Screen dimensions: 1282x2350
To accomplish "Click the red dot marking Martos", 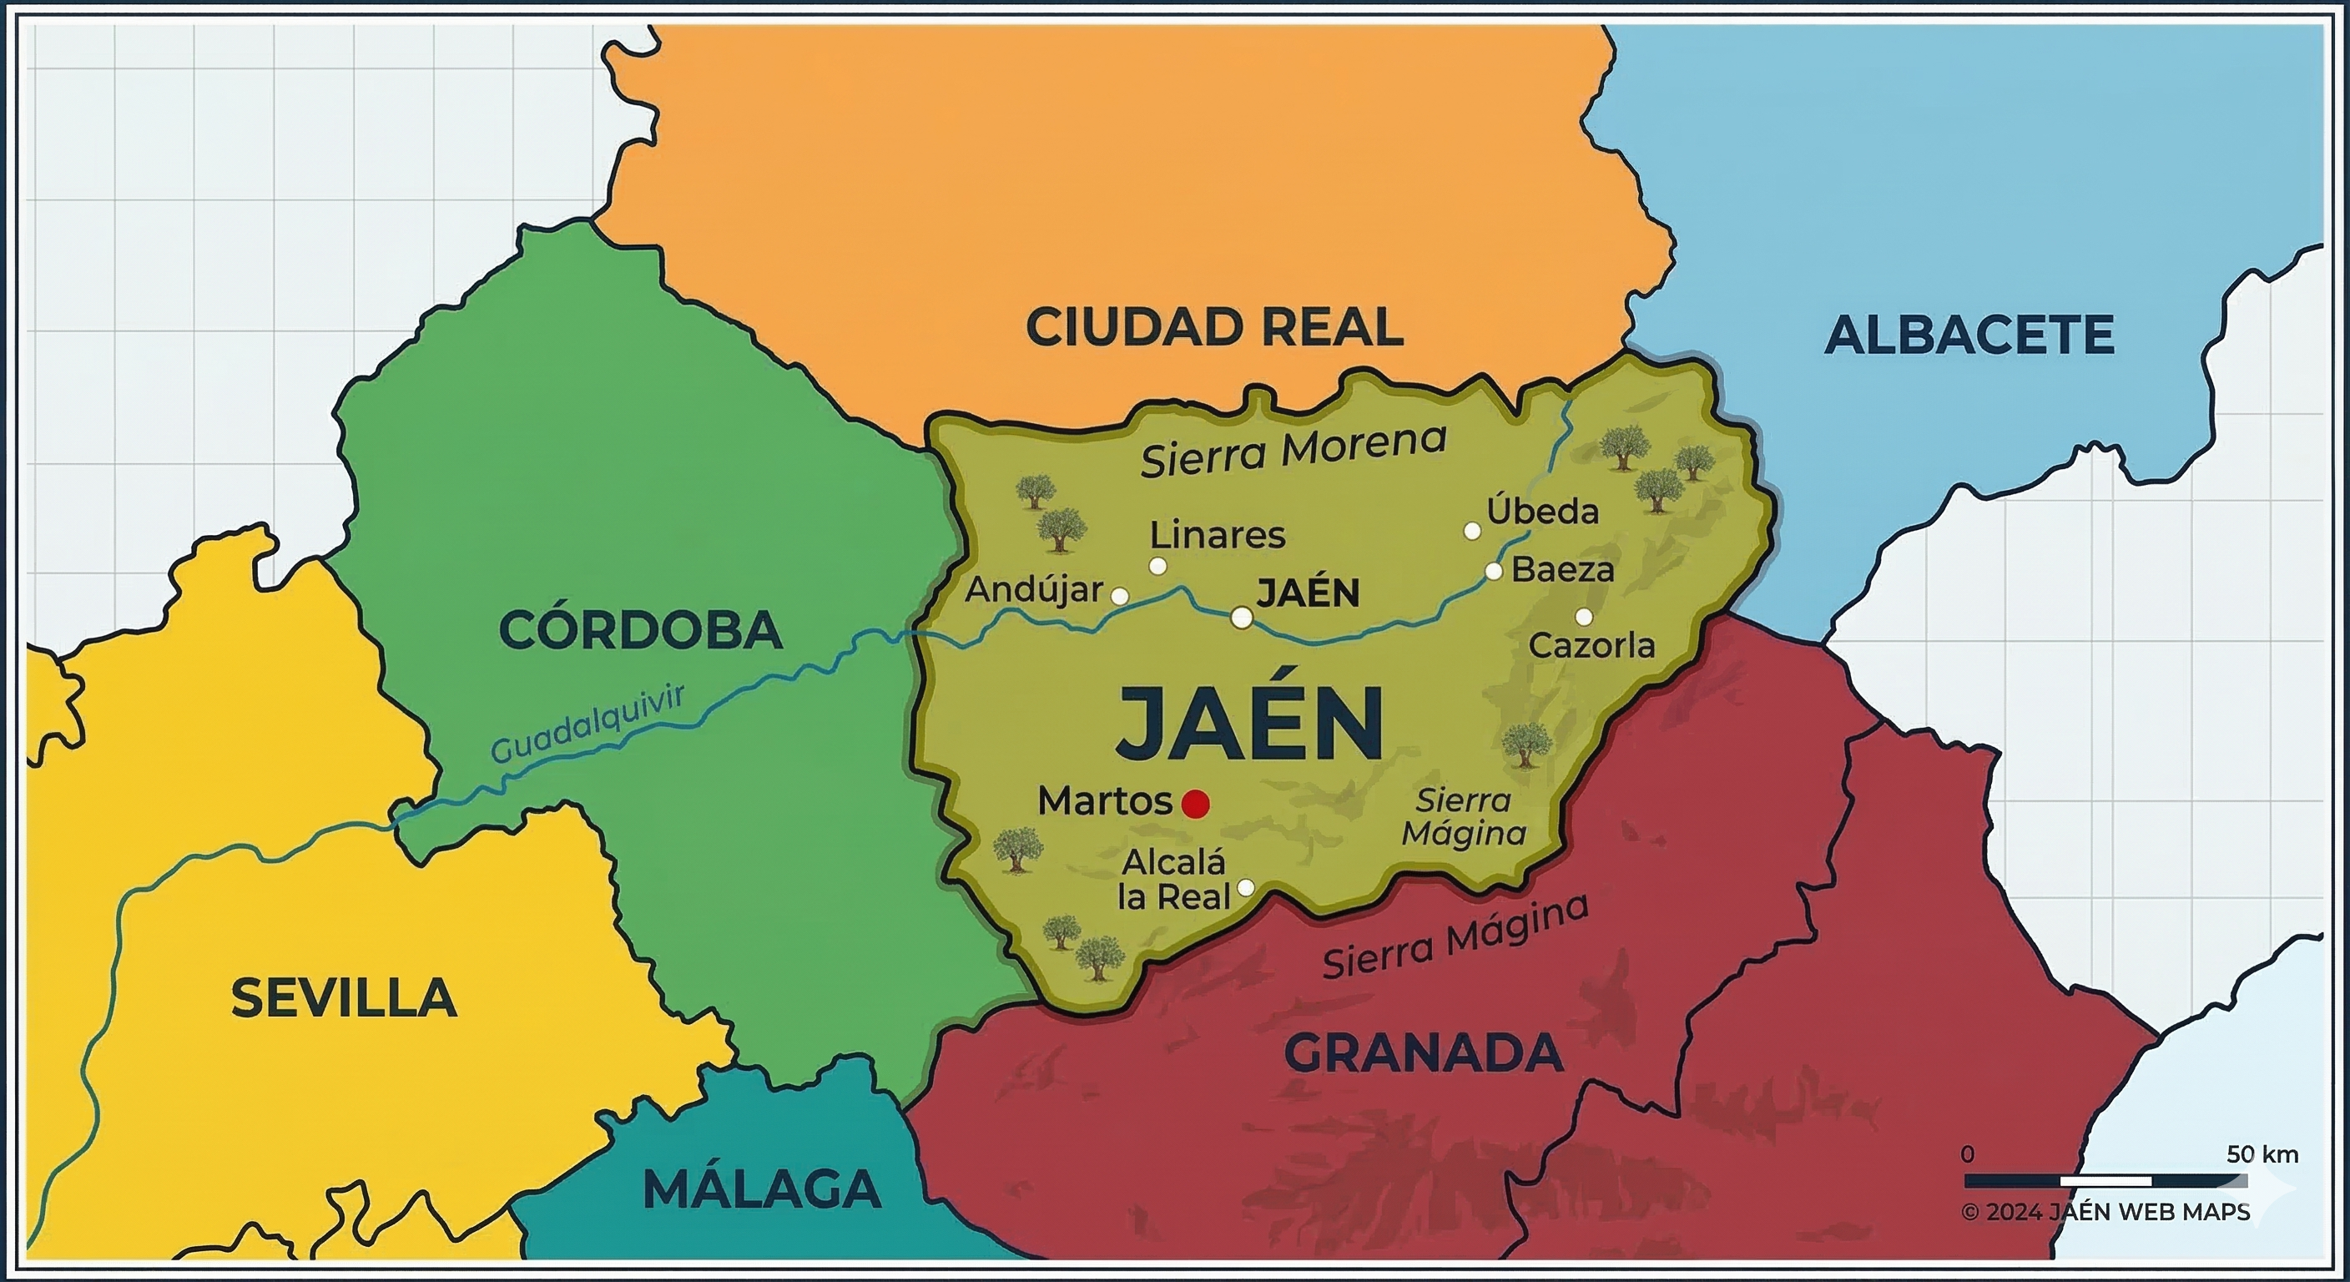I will tap(1195, 804).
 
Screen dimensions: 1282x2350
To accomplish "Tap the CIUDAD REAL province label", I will tap(1214, 327).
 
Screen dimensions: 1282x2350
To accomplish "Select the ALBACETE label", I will tap(1969, 335).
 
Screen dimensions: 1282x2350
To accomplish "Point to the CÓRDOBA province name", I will tap(640, 630).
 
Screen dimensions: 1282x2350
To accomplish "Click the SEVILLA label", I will tap(343, 998).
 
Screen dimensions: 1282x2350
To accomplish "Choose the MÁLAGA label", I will tap(762, 1189).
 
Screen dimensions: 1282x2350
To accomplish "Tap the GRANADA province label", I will tap(1423, 1054).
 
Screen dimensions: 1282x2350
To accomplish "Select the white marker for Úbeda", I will tap(1471, 531).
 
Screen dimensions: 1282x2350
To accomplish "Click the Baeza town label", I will tap(1563, 570).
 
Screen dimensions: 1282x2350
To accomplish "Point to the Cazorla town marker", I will tap(1584, 617).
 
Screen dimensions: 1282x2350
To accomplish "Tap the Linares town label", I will tap(1217, 536).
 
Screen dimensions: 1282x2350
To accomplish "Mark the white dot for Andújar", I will tap(1119, 596).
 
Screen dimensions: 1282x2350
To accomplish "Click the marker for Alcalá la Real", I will tap(1245, 887).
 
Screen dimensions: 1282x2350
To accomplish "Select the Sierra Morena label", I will tap(1293, 451).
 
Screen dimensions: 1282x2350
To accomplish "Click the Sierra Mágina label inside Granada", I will tap(1455, 937).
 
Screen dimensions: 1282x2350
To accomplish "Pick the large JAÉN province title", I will tap(1250, 724).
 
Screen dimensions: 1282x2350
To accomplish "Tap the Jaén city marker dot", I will tap(1242, 618).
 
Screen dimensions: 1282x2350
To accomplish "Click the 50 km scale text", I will tap(2262, 1154).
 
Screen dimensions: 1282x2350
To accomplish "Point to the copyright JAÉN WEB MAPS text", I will tap(2105, 1212).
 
